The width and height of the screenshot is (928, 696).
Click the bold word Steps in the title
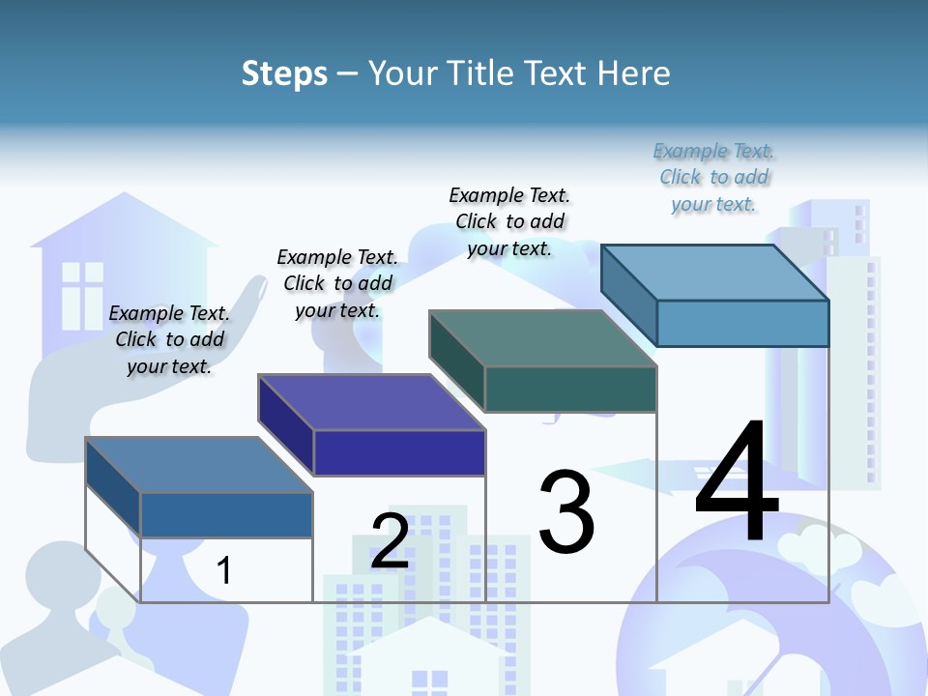tap(284, 73)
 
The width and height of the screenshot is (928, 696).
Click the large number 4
tap(737, 482)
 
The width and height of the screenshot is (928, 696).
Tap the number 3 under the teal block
tap(566, 512)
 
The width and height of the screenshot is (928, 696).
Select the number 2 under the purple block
tap(390, 541)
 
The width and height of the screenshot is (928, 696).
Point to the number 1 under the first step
tap(224, 571)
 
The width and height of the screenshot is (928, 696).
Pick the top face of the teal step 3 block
tap(543, 338)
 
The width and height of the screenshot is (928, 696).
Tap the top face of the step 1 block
tap(199, 465)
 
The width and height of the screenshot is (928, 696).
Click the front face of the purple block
tap(399, 452)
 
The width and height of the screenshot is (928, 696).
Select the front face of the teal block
tap(570, 389)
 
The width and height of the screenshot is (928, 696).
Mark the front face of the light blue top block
tap(742, 323)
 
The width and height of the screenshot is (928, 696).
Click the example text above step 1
tap(169, 339)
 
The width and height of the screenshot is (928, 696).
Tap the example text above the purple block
tap(337, 283)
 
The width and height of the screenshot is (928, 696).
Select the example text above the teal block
tap(509, 221)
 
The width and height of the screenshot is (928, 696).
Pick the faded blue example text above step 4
tap(714, 177)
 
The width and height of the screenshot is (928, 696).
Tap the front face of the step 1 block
tap(226, 515)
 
